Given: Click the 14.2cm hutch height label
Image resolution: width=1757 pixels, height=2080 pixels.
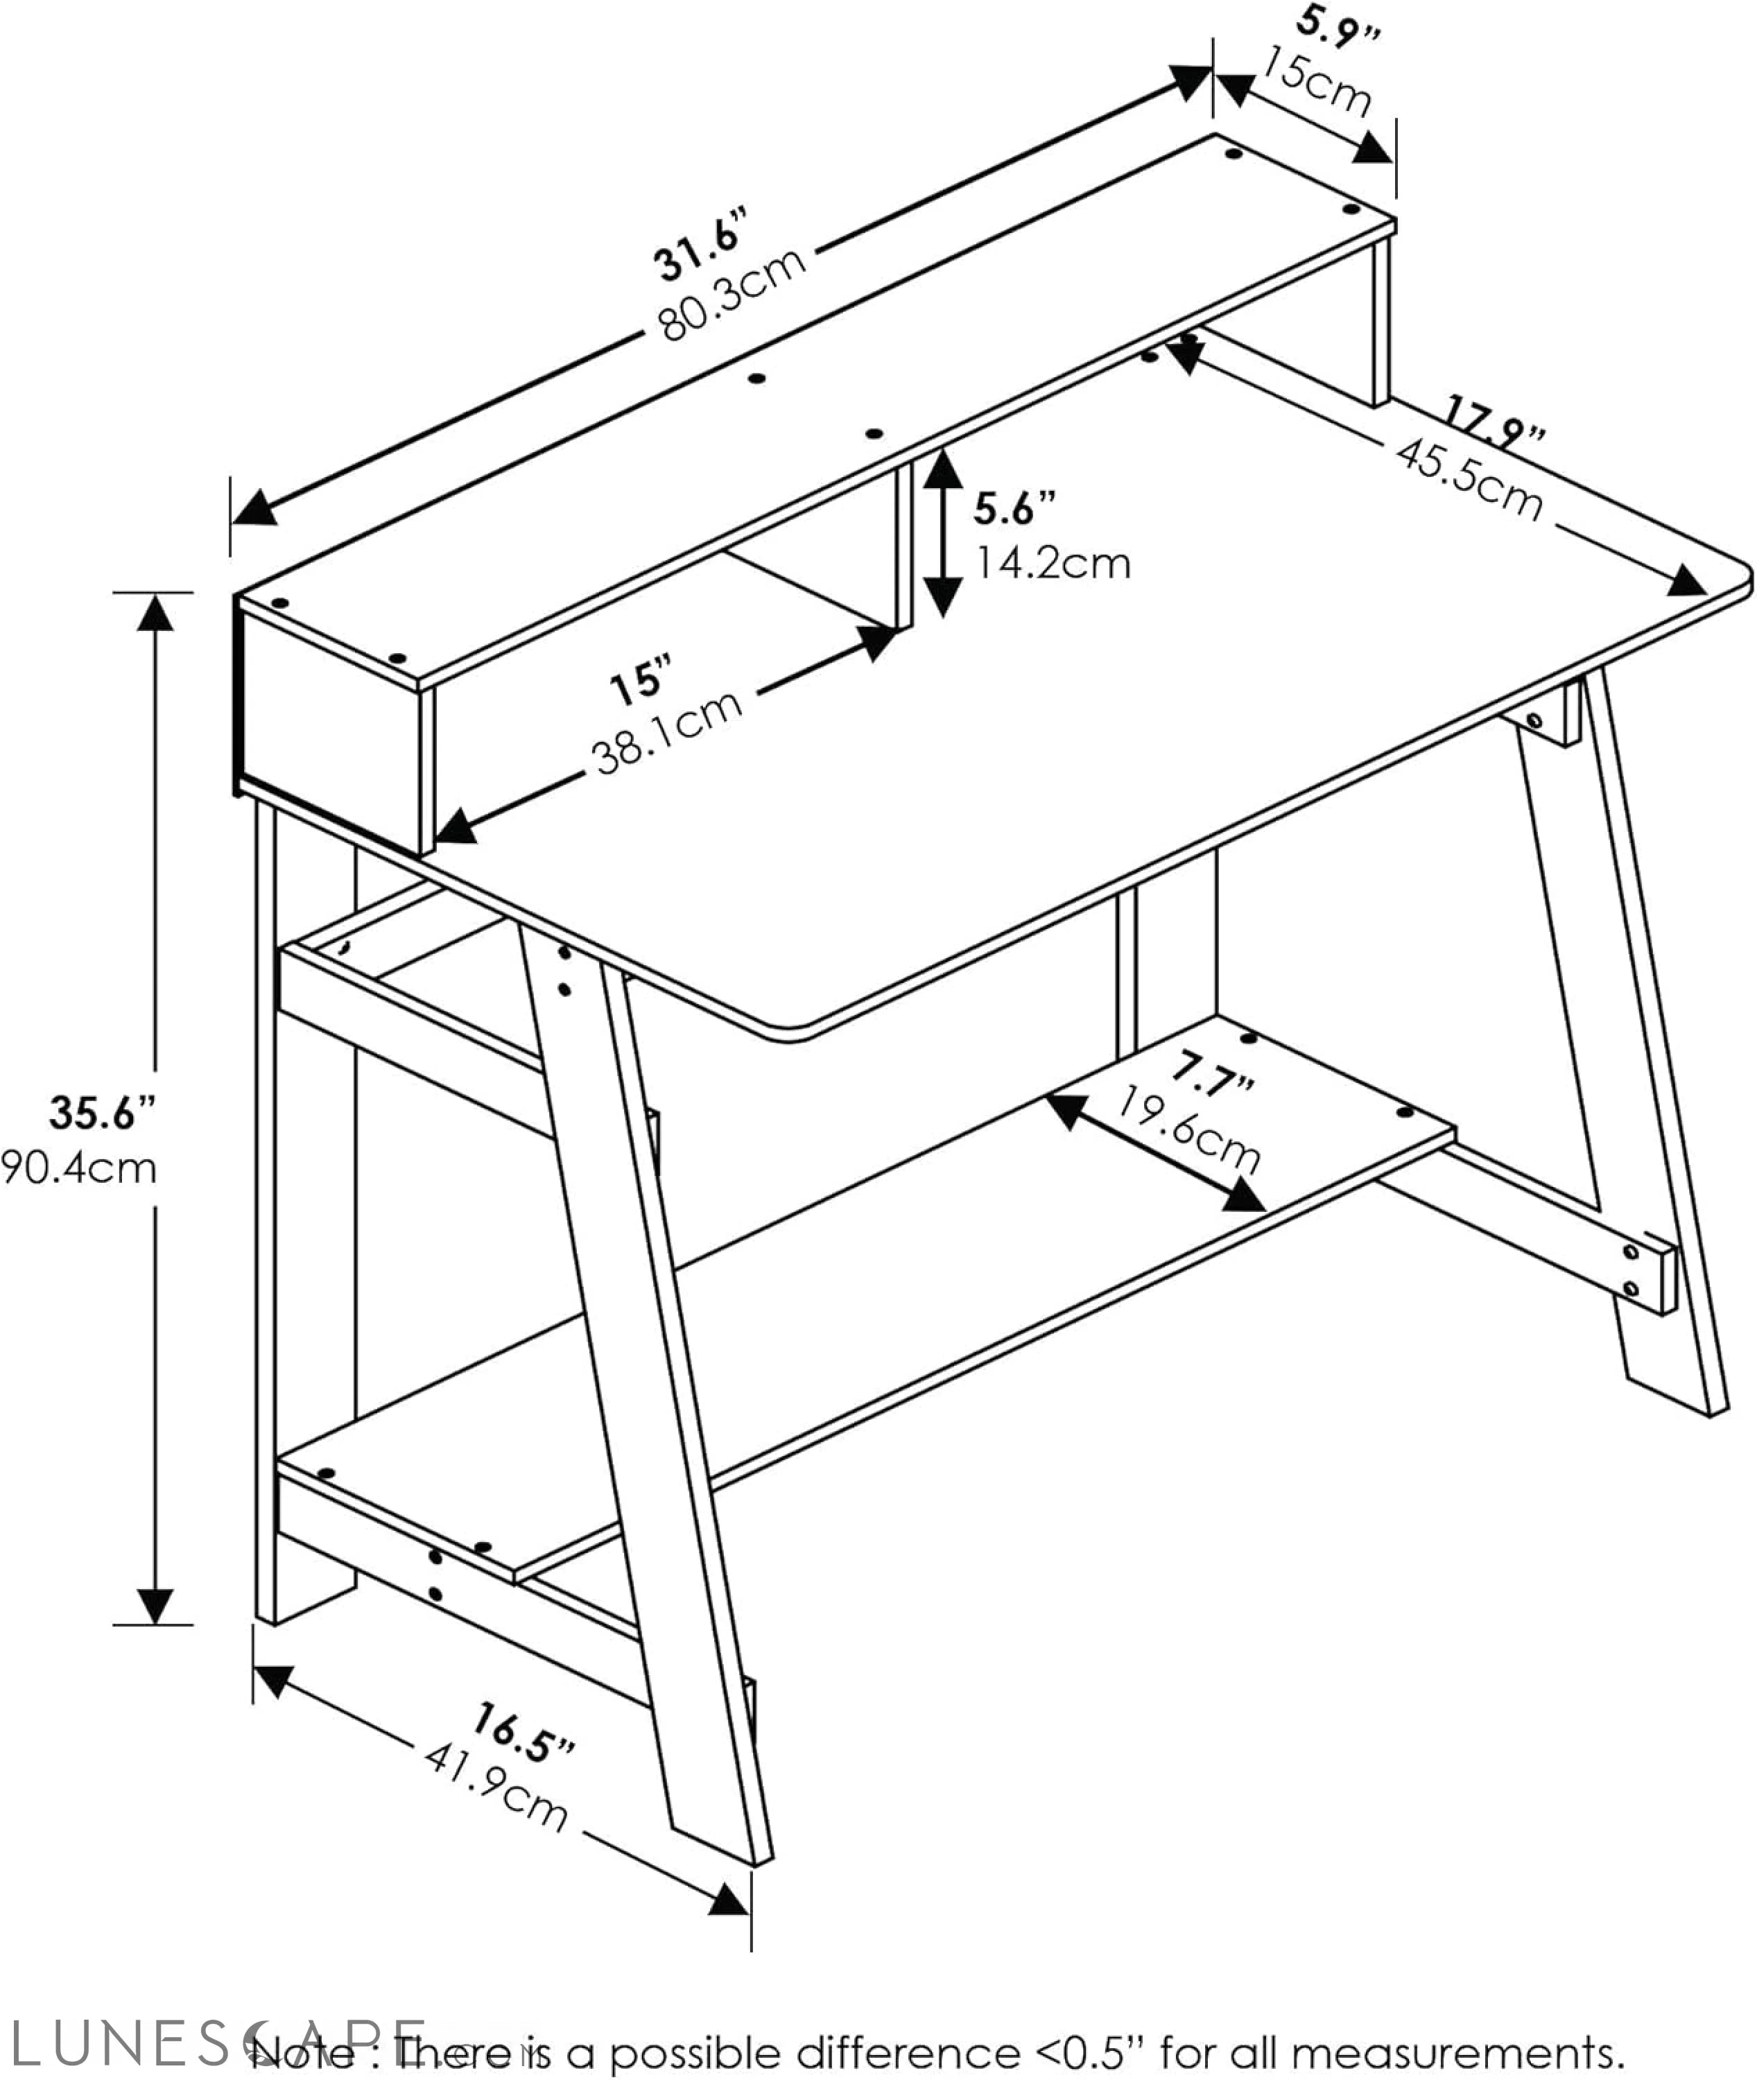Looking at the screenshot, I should point(1052,564).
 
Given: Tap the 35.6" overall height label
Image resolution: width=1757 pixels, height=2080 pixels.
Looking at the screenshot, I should point(103,1113).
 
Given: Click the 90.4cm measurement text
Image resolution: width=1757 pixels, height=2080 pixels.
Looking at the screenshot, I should point(80,1168).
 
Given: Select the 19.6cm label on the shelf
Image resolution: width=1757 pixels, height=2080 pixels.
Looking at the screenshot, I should point(1188,1131).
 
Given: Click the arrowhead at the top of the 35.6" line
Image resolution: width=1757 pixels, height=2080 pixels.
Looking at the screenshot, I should point(155,614).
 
